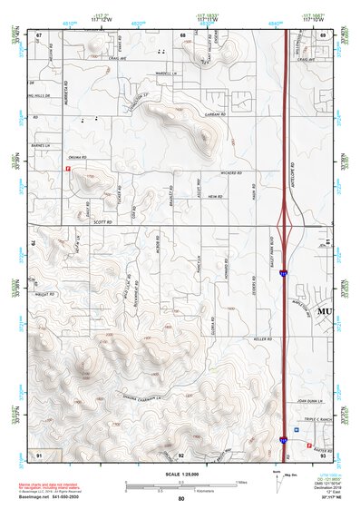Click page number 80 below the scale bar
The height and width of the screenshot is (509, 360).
coord(180,499)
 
